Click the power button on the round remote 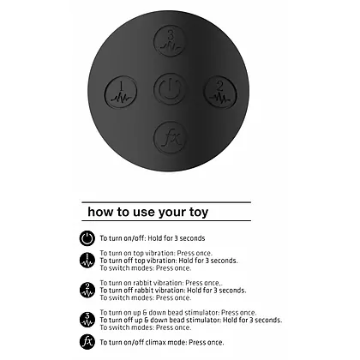[170, 89]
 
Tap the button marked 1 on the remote [121, 92]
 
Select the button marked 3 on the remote [170, 41]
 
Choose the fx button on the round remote [170, 138]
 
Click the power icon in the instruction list [87, 238]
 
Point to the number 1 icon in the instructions [87, 261]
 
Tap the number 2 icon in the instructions [87, 290]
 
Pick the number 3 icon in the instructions [87, 320]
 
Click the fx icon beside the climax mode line [87, 342]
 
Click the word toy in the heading [199, 213]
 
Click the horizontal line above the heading [166, 202]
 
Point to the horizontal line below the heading [166, 220]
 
